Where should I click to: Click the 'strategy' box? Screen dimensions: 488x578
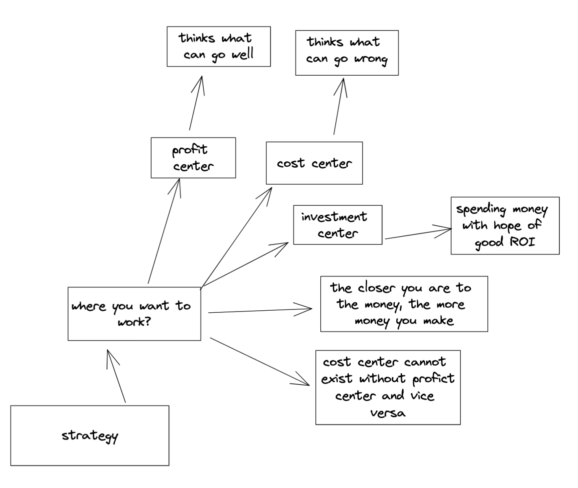tap(89, 435)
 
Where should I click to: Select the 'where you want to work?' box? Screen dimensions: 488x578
tap(134, 314)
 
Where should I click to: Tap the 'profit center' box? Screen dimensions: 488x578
tap(193, 158)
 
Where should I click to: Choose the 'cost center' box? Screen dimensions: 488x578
tap(314, 163)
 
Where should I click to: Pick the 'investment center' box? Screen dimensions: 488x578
tap(337, 225)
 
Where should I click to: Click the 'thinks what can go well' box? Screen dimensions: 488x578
tap(218, 46)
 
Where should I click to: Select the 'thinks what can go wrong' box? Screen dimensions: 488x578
tap(346, 52)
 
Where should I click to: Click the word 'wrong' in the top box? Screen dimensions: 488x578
tap(371, 60)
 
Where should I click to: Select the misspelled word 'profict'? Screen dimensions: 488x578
tap(433, 379)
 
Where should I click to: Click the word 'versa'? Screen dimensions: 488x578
tap(388, 413)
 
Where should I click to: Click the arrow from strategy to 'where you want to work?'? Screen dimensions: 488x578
tap(116, 376)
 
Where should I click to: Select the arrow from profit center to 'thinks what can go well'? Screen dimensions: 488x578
tap(196, 103)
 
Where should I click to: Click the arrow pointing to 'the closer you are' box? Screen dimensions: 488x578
tap(260, 311)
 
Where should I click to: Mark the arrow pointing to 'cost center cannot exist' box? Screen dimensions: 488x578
tap(260, 361)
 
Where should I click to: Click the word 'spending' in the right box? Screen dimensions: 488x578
tap(481, 209)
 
